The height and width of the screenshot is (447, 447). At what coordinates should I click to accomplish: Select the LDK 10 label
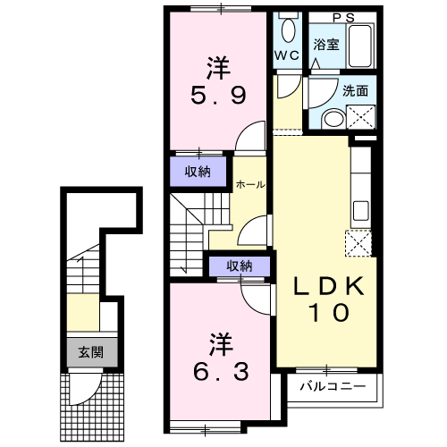pos(327,299)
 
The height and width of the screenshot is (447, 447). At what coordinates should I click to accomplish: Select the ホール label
pos(249,185)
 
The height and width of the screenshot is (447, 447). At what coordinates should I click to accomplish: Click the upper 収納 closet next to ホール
pos(198,173)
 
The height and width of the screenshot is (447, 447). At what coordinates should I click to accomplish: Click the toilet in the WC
pos(287,30)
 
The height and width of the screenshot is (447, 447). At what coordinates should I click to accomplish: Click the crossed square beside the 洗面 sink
pos(363,115)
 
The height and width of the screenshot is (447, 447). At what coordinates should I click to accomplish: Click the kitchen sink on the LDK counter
pos(360,212)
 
